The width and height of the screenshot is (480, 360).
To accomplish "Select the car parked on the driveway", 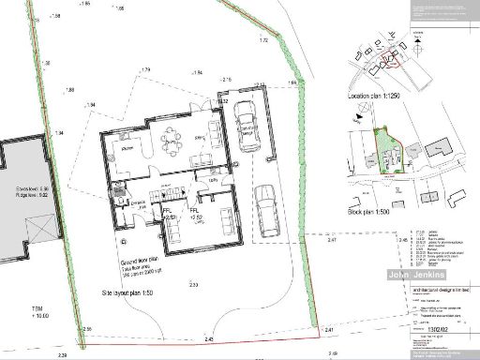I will pos(266,212).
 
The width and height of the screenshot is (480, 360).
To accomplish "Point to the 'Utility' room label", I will pos(138,203).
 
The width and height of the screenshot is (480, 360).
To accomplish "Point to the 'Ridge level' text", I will pos(18,196).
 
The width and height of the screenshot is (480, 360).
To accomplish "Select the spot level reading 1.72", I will pos(263,41).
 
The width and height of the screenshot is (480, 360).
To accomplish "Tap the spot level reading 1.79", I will pos(145,71).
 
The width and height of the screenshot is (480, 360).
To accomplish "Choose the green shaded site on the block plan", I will pos(387,153).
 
